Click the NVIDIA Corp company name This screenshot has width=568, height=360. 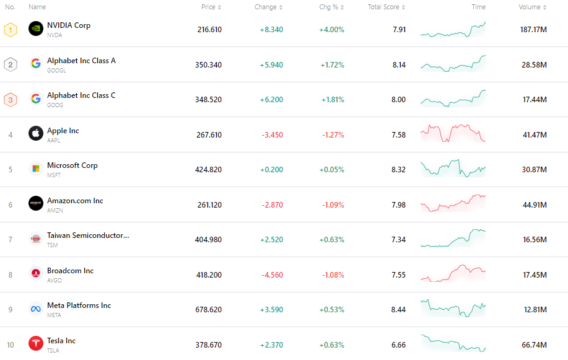69,25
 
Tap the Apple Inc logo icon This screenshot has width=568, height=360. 36,133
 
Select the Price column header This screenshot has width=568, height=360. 209,7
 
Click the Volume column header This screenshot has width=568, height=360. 530,7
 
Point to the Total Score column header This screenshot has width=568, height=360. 384,7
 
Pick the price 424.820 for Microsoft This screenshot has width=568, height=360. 208,170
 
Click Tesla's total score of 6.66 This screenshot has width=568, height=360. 399,345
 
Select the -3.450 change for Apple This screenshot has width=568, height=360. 271,135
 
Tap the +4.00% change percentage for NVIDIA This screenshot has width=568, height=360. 331,30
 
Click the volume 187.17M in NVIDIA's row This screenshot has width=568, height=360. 533,30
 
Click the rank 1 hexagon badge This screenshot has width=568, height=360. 11,30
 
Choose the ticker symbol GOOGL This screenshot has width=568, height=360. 56,71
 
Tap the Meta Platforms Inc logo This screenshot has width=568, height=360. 36,309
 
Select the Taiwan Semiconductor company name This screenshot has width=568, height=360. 88,235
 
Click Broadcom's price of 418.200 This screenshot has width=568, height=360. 208,275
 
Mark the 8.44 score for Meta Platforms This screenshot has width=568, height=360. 399,310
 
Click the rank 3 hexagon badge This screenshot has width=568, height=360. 11,100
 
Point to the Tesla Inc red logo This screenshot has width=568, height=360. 36,343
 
